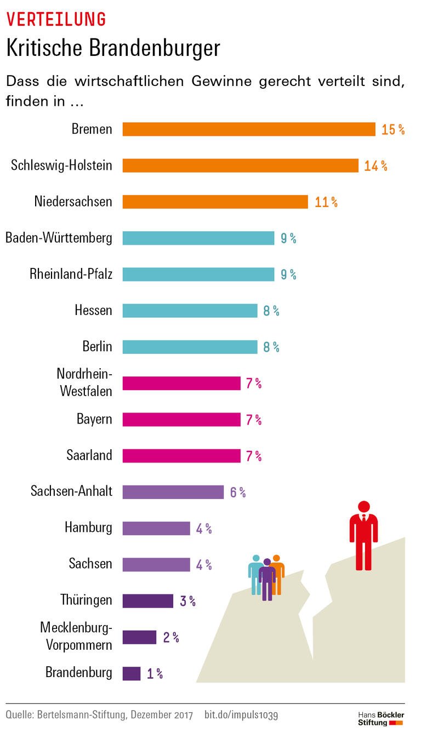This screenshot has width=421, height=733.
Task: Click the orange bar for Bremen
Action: coord(248,129)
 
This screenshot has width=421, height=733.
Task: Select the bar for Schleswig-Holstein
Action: coord(240,165)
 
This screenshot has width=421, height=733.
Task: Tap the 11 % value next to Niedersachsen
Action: coord(326,202)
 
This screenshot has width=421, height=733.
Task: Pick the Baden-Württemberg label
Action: coord(59,238)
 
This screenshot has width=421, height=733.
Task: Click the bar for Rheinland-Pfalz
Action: coord(198,274)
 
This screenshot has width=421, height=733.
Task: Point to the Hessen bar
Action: coord(190,311)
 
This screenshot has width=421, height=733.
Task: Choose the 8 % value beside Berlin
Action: coord(271,347)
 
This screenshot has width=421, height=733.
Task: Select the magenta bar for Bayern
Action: coord(181,420)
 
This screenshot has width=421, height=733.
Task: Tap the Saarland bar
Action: coord(181,456)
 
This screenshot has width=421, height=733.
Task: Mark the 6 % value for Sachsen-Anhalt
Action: coord(238,493)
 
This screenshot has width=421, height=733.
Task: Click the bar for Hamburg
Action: coord(156,529)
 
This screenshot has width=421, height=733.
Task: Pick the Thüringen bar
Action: coord(147,601)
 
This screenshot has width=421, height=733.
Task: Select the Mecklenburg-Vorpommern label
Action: coord(76,635)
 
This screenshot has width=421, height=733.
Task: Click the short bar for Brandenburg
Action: coord(131,673)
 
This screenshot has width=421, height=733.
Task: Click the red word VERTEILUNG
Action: coord(56,19)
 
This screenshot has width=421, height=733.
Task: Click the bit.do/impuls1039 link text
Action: coord(241,715)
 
